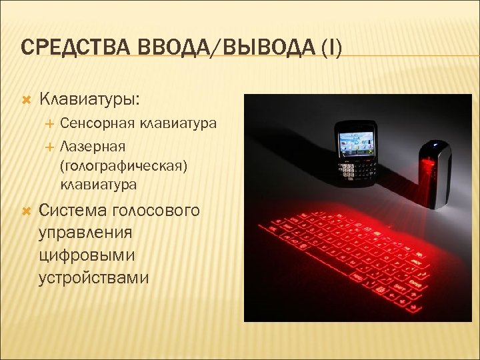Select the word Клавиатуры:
pyautogui.click(x=90, y=99)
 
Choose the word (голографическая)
pyautogui.click(x=123, y=164)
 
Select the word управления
pyautogui.click(x=85, y=233)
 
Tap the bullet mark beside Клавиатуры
pyautogui.click(x=26, y=100)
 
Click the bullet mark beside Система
pyautogui.click(x=26, y=211)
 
